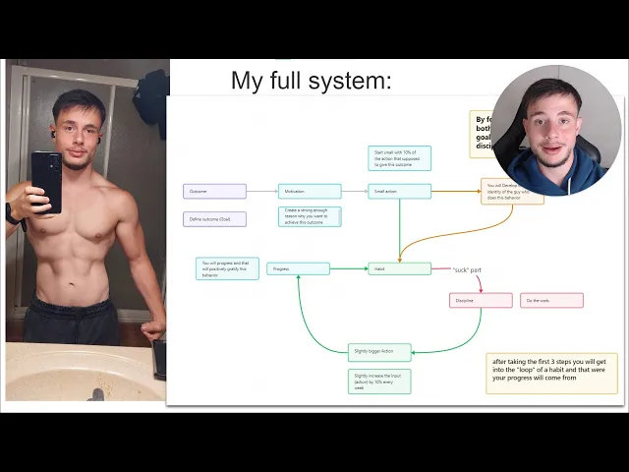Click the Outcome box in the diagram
214,191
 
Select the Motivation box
310,191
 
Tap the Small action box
399,191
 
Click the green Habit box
399,268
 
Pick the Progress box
298,268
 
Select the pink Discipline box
481,300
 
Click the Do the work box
551,300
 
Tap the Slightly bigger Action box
378,351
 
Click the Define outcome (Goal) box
214,219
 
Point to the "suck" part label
467,269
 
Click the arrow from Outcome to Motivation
261,191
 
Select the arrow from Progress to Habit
349,268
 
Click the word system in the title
350,81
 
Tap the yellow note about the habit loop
551,374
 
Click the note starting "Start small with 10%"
399,158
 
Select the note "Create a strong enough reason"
310,216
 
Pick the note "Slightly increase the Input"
378,382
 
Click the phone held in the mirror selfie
46,182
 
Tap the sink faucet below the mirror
96,393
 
